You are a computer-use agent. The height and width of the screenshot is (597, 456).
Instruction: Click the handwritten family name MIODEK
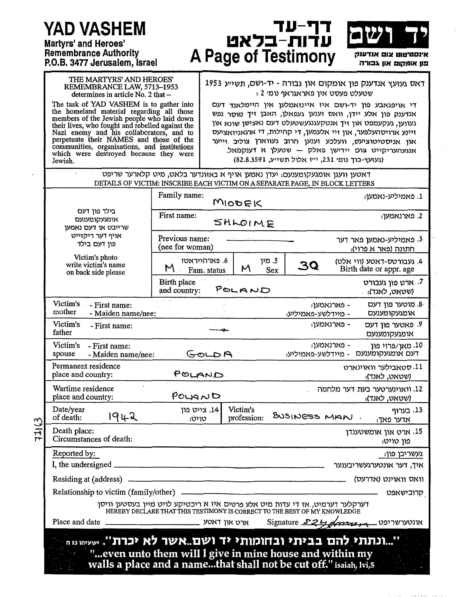coord(237,203)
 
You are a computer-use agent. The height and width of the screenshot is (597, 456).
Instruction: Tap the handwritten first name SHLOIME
coord(244,223)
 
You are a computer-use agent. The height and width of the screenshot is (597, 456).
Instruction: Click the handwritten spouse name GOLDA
coord(209,354)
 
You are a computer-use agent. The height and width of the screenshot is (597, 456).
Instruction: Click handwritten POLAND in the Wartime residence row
coord(196,396)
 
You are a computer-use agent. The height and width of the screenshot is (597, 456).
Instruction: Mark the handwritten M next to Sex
coord(246,269)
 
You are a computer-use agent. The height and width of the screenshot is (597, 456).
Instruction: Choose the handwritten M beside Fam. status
coord(170,269)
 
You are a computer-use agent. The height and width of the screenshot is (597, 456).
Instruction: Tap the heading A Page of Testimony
coord(262,57)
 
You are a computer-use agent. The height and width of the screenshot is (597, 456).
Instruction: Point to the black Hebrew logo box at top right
coord(387,34)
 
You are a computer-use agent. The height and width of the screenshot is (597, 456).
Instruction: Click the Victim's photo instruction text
coord(95,265)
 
